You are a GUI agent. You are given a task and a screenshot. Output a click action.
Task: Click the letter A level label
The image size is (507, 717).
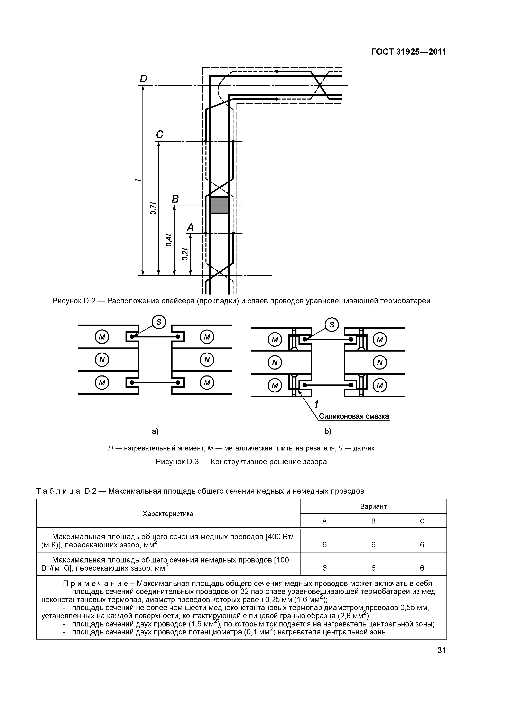190,227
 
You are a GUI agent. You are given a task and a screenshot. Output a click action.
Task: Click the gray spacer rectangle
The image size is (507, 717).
219,205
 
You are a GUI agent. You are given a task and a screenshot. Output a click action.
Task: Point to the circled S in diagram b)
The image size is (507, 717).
332,325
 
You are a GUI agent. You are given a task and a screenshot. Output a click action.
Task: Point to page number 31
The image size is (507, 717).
441,651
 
